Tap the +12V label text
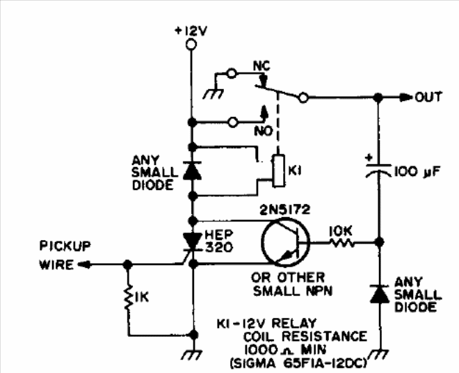(x=191, y=31)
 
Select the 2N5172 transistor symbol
(x=285, y=242)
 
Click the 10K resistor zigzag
(x=342, y=243)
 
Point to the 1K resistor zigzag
(x=128, y=297)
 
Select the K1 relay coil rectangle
(x=279, y=170)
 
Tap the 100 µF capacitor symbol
(x=378, y=170)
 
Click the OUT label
(x=428, y=97)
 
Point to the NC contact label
(x=261, y=66)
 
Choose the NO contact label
(x=263, y=132)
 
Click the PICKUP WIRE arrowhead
(x=84, y=264)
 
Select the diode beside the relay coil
(x=192, y=170)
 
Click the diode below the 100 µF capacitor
(x=380, y=294)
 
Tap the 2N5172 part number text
(x=284, y=209)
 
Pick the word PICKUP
(x=65, y=246)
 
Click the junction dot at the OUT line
(x=378, y=97)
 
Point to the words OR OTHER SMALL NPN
(x=291, y=284)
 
